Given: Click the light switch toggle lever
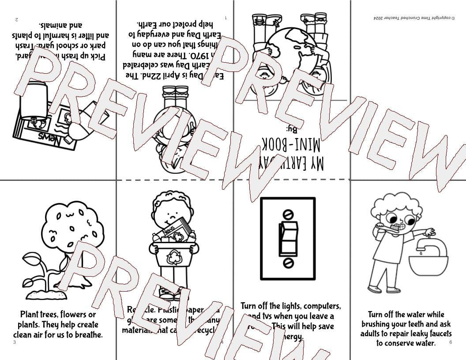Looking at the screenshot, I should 288,239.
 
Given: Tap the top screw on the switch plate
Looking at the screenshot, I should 288,215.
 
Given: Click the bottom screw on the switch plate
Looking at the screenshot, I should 288,263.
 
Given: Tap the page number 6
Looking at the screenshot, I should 451,342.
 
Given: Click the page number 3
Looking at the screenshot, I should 15,342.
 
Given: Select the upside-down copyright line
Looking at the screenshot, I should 408,18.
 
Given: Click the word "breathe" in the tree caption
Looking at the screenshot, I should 86,334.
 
